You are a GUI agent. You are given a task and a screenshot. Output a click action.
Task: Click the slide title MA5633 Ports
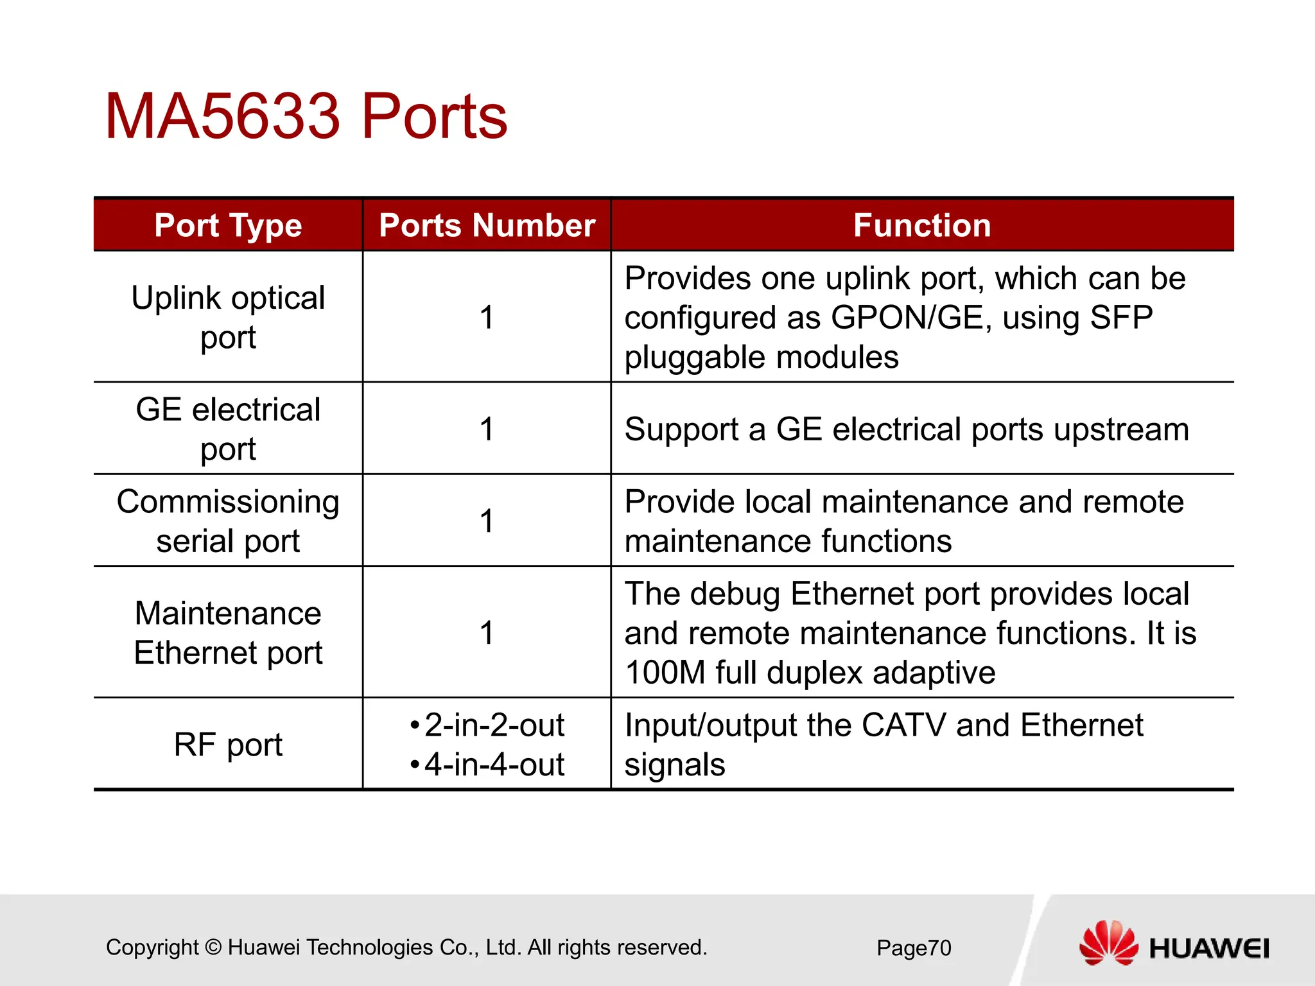point(306,117)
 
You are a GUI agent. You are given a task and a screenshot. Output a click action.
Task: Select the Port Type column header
point(228,225)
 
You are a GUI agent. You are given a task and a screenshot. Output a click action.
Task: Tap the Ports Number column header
point(487,225)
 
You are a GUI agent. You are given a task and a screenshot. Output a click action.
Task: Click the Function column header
point(922,225)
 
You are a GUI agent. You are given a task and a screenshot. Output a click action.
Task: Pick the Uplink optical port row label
point(228,317)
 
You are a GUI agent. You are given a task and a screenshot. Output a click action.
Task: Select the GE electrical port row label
point(228,429)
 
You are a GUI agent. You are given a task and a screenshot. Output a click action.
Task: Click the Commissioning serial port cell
point(228,521)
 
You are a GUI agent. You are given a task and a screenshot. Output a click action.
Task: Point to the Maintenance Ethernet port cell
point(228,632)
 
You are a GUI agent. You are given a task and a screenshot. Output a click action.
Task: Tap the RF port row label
point(228,745)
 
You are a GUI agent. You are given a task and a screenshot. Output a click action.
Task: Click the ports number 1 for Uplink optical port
point(487,318)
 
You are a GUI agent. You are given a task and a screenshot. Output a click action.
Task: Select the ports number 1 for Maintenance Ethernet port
point(487,633)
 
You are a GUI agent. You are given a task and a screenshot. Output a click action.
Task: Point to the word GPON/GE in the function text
point(907,318)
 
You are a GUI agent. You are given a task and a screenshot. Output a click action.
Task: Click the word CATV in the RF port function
point(903,725)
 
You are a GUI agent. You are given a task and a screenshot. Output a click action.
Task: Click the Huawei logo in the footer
point(1174,944)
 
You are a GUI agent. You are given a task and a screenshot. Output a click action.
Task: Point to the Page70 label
point(914,948)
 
